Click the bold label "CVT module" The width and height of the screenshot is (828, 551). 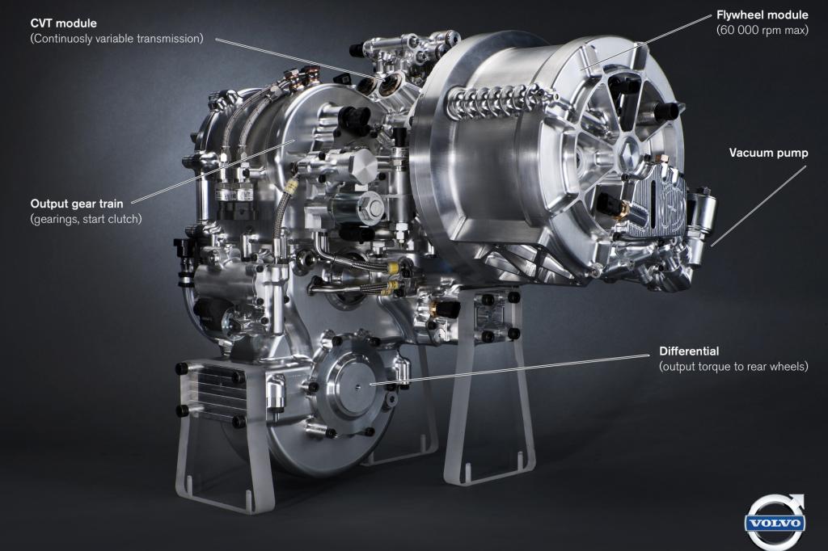[x=63, y=23]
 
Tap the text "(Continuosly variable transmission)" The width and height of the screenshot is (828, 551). [x=116, y=39]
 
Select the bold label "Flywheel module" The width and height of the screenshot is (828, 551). [x=762, y=15]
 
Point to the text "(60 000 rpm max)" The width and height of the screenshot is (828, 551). [x=762, y=30]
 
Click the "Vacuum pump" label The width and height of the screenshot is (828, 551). [x=768, y=153]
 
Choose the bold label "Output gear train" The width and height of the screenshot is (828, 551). [x=77, y=204]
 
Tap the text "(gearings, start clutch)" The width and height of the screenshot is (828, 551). [x=86, y=219]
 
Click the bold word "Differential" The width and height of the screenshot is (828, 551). [x=689, y=351]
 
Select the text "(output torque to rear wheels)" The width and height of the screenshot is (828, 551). [x=733, y=366]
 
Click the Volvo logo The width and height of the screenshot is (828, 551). [x=775, y=523]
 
